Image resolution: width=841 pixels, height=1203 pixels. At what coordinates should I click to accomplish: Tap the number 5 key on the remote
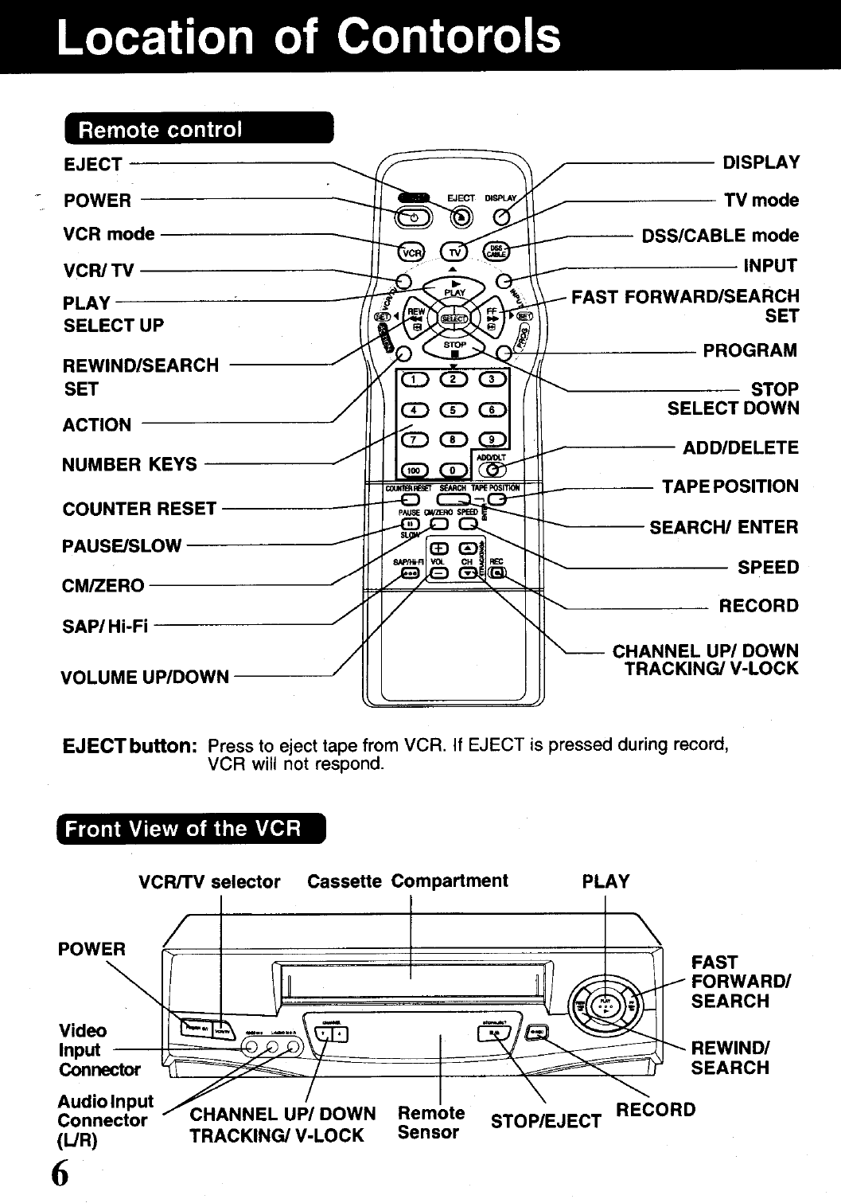tap(453, 410)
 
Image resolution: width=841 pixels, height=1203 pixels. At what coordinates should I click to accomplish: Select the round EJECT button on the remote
tap(460, 217)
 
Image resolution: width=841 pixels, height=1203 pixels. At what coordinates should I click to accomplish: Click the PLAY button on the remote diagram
tap(454, 287)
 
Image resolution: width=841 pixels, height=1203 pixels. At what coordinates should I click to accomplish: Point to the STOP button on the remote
tap(454, 346)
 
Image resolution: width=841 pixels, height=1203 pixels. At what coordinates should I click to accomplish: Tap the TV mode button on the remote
tap(454, 252)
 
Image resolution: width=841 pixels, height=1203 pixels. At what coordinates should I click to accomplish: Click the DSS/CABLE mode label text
tap(720, 236)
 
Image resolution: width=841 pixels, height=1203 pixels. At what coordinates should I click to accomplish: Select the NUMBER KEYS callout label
tap(129, 464)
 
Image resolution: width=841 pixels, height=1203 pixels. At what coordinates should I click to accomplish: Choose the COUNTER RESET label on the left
tap(139, 509)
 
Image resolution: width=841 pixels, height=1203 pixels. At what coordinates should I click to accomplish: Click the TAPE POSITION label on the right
tap(730, 486)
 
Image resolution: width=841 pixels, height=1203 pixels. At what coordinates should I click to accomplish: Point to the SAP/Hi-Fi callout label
tap(105, 627)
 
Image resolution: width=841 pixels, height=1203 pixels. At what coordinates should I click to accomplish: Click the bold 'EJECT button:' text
tap(130, 747)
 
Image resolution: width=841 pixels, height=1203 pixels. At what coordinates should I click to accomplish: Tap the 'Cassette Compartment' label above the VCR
tap(407, 881)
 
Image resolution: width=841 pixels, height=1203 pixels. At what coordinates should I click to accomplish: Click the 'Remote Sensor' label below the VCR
tap(430, 1123)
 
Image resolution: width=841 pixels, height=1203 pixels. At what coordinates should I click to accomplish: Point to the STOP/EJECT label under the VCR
tap(546, 1122)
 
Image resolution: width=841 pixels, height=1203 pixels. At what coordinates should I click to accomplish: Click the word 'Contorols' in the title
tap(449, 36)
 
